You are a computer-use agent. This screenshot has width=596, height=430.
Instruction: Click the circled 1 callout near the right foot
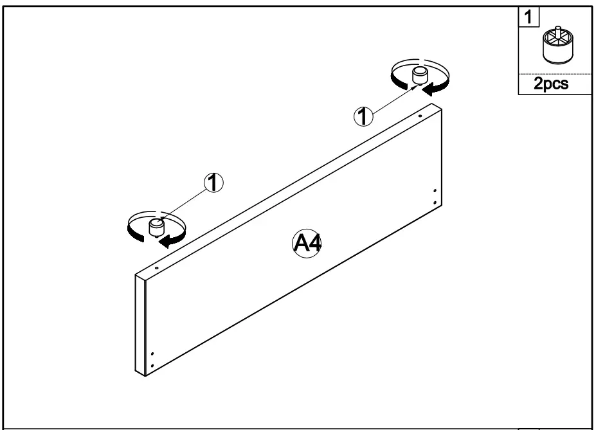coord(364,116)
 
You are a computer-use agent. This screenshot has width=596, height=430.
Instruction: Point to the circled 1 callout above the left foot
coord(213,183)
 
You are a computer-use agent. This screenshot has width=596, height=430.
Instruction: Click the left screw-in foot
coord(156,227)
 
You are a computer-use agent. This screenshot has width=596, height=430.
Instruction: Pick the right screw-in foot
coord(420,75)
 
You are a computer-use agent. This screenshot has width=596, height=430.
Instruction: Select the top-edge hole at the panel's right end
coord(420,116)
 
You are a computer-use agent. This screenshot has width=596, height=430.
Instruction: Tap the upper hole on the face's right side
coord(436,192)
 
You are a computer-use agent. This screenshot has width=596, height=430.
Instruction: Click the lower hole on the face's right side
coord(436,202)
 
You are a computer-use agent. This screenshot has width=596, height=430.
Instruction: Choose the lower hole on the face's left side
coord(152,366)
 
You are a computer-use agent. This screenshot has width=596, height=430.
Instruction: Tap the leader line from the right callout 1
coord(392,102)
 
